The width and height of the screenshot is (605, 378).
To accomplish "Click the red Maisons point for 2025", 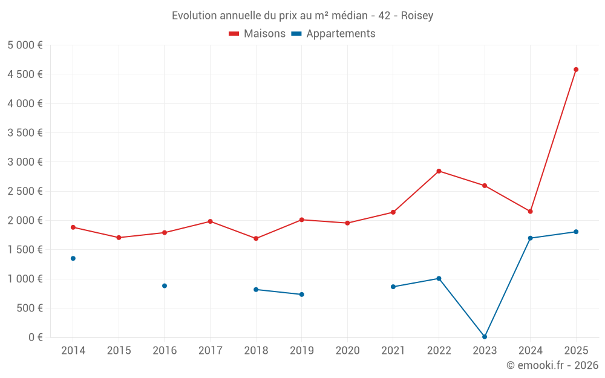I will click(x=576, y=70).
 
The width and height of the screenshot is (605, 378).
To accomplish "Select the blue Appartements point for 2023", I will click(x=485, y=337).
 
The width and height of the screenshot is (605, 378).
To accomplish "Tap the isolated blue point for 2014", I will click(x=73, y=258).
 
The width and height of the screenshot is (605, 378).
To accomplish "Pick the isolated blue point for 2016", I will click(x=165, y=285).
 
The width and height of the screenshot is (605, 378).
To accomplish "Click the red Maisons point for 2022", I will click(x=439, y=171).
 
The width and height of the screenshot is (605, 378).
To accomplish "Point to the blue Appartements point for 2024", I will click(x=531, y=238).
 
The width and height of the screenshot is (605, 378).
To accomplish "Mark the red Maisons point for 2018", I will click(x=256, y=238).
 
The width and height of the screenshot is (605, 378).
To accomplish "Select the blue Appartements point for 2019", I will click(x=302, y=295).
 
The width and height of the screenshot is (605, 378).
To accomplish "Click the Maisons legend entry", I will click(x=257, y=34).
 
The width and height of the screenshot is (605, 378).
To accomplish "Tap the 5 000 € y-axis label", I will click(x=25, y=45).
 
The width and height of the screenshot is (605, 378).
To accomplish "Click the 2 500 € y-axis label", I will click(x=25, y=191).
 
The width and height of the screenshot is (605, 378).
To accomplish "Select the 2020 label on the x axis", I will click(x=347, y=351).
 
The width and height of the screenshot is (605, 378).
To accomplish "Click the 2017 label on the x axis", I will click(x=210, y=351).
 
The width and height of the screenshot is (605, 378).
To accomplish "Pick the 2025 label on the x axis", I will click(x=576, y=351).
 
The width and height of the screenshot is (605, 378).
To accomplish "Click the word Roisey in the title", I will click(x=416, y=16).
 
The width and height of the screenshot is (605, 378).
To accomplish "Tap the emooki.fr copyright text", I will click(x=552, y=365).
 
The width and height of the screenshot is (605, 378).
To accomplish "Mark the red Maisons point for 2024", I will click(x=531, y=211).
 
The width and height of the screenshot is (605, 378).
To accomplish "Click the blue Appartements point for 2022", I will click(x=439, y=279).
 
